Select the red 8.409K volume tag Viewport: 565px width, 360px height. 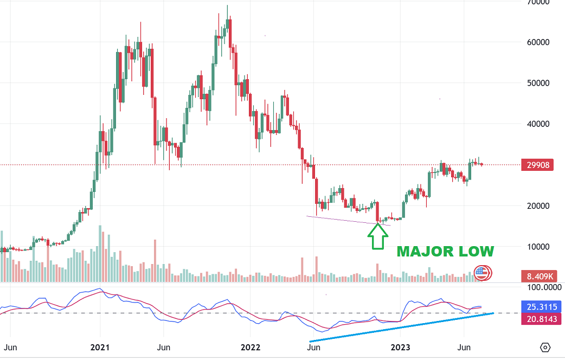[x=539, y=277]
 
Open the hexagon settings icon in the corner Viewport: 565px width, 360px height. [x=545, y=347]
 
